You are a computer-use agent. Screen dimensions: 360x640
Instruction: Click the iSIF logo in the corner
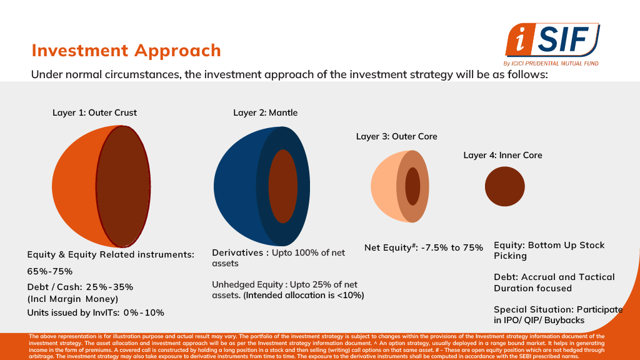pyautogui.click(x=552, y=41)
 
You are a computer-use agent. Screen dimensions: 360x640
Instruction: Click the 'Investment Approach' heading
pyautogui.click(x=126, y=50)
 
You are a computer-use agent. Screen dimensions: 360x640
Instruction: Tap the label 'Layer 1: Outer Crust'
pyautogui.click(x=94, y=113)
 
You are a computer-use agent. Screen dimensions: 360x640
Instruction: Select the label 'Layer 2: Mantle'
pyautogui.click(x=266, y=113)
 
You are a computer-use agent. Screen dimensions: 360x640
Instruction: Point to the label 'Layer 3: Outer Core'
pyautogui.click(x=397, y=136)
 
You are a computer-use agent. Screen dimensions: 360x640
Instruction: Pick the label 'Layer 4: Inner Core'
pyautogui.click(x=502, y=155)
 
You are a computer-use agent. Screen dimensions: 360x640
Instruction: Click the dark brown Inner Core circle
pyautogui.click(x=505, y=187)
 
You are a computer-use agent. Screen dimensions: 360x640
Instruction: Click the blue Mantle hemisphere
pyautogui.click(x=234, y=186)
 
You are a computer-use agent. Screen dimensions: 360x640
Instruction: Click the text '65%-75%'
pyautogui.click(x=50, y=271)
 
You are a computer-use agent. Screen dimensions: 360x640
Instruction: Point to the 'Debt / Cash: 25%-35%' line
pyautogui.click(x=80, y=287)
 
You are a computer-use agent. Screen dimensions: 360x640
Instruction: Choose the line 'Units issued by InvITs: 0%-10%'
pyautogui.click(x=96, y=312)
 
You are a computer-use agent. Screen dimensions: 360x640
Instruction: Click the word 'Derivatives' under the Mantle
pyautogui.click(x=239, y=253)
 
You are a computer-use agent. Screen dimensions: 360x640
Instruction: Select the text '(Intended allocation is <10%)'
pyautogui.click(x=304, y=295)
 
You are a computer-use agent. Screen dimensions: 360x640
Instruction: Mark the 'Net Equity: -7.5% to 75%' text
pyautogui.click(x=424, y=247)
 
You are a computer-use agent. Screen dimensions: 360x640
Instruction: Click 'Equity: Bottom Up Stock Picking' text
pyautogui.click(x=549, y=250)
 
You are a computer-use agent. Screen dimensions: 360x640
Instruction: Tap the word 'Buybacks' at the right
pyautogui.click(x=564, y=320)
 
